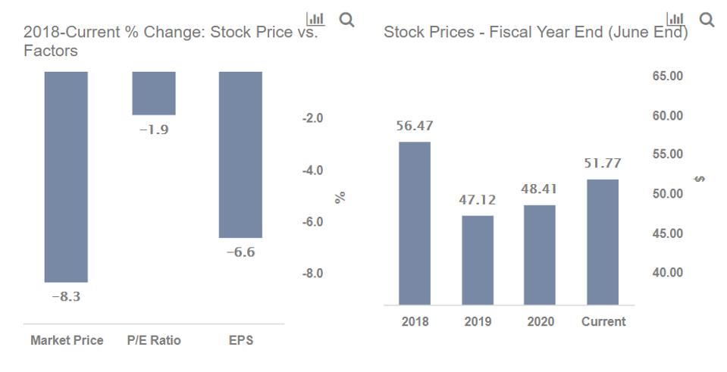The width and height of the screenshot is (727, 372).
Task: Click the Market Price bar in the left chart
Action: pyautogui.click(x=66, y=177)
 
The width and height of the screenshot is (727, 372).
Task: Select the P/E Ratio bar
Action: pyautogui.click(x=154, y=93)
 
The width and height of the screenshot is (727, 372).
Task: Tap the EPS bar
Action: pyautogui.click(x=240, y=155)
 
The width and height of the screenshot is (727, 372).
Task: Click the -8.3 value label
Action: pyautogui.click(x=66, y=297)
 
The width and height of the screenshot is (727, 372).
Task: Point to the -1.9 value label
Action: pyautogui.click(x=154, y=130)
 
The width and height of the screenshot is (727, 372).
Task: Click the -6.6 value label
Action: pyautogui.click(x=240, y=252)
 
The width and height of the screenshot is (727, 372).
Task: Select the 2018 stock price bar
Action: pyautogui.click(x=415, y=223)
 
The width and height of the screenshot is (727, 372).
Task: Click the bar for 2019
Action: pyautogui.click(x=478, y=260)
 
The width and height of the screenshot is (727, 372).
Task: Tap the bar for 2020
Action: pyautogui.click(x=539, y=255)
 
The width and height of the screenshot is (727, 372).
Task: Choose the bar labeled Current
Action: pyautogui.click(x=603, y=242)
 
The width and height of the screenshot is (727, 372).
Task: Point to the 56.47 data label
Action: pyautogui.click(x=415, y=126)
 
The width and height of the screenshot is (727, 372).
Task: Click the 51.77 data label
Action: pyautogui.click(x=603, y=163)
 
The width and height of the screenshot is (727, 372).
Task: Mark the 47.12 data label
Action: pyautogui.click(x=478, y=200)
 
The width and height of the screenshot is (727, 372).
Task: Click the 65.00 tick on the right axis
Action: pyautogui.click(x=667, y=77)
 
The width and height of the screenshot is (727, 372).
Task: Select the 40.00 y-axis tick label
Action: pyautogui.click(x=667, y=273)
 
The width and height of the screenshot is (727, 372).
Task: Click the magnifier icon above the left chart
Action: pyautogui.click(x=346, y=20)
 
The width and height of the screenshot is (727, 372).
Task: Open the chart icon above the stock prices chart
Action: pyautogui.click(x=675, y=20)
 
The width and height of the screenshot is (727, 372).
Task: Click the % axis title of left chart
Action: pyautogui.click(x=340, y=196)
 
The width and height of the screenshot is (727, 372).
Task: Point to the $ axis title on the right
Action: pyautogui.click(x=699, y=179)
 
